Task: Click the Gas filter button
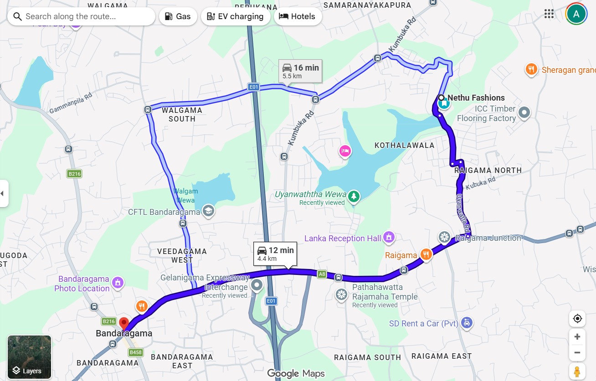click(x=178, y=16)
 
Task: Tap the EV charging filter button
click(x=235, y=16)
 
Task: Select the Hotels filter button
click(x=298, y=16)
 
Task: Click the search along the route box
click(x=82, y=16)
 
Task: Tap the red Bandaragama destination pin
click(x=123, y=324)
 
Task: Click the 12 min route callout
click(x=275, y=254)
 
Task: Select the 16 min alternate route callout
click(x=300, y=71)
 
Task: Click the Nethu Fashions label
click(x=476, y=97)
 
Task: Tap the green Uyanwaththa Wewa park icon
click(x=354, y=197)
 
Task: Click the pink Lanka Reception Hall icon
click(x=388, y=237)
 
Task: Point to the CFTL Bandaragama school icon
click(x=208, y=212)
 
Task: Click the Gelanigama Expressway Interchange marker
click(x=257, y=285)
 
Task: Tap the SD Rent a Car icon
click(x=466, y=323)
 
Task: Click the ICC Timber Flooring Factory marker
click(x=524, y=112)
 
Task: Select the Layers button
click(x=30, y=357)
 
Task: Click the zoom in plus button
click(x=577, y=337)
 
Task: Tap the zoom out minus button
click(x=577, y=353)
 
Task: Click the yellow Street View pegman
click(x=577, y=371)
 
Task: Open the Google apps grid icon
click(x=549, y=14)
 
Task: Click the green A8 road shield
click(x=322, y=274)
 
